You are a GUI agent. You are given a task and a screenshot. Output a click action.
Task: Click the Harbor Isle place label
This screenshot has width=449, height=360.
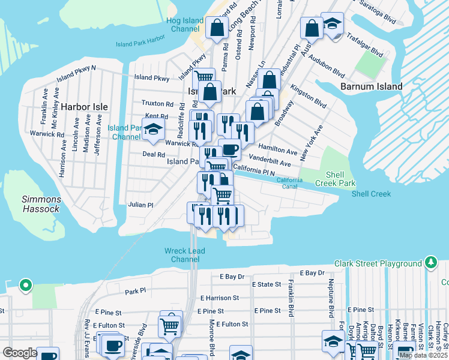pyautogui.click(x=85, y=107)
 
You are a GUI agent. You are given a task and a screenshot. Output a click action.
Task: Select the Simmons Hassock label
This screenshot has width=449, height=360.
pyautogui.click(x=41, y=204)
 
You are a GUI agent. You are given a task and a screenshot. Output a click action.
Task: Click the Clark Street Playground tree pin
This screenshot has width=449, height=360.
pyautogui.click(x=431, y=263)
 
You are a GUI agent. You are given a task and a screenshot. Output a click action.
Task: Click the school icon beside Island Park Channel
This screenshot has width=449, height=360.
pyautogui.click(x=154, y=128)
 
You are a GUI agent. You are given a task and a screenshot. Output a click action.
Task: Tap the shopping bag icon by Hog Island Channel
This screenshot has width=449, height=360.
pyautogui.click(x=217, y=27)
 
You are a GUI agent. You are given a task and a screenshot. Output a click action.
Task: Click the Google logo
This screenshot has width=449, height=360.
pyautogui.click(x=20, y=353)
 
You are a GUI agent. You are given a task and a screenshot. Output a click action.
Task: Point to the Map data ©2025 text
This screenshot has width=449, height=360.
pyautogui.click(x=423, y=355)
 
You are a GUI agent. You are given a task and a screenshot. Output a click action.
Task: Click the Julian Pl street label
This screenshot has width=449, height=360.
pyautogui.click(x=141, y=205)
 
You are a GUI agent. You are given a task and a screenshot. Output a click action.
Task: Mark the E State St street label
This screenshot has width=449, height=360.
pyautogui.click(x=266, y=284)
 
